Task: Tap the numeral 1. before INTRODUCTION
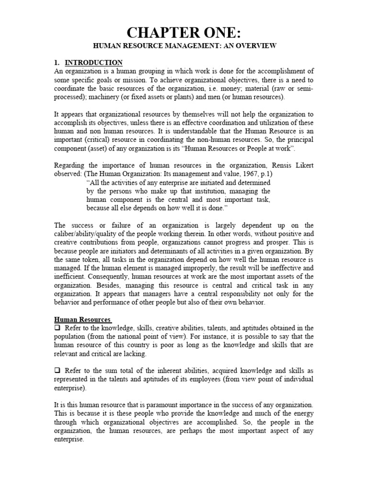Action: click(x=57, y=62)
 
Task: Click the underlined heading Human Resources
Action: click(x=82, y=319)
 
